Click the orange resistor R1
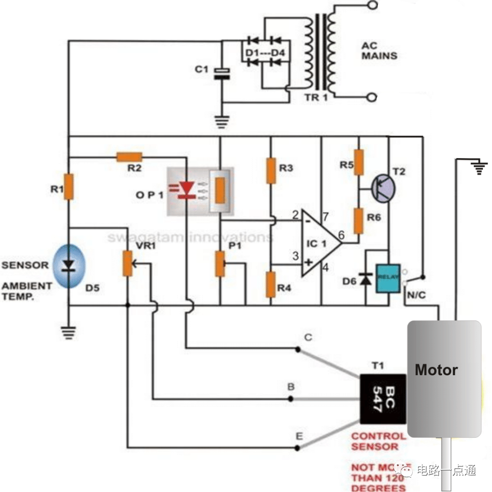click(x=69, y=187)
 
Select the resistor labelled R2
click(x=129, y=156)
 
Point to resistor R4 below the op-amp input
click(x=271, y=284)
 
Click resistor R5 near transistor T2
click(x=359, y=162)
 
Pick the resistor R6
click(x=359, y=221)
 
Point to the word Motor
click(x=436, y=370)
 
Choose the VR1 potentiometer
click(x=127, y=263)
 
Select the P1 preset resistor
click(x=220, y=263)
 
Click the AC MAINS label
click(x=379, y=51)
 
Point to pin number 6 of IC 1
click(x=341, y=235)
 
